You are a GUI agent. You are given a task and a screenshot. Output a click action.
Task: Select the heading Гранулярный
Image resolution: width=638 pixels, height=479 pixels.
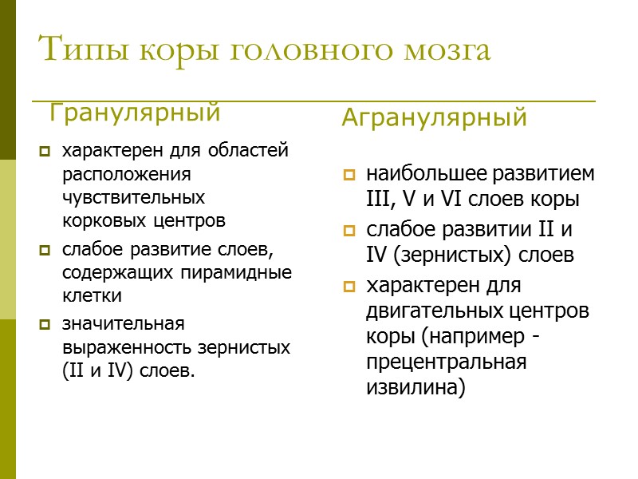coord(135,113)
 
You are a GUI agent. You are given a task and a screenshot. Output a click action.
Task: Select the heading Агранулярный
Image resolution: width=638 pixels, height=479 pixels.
coord(434,118)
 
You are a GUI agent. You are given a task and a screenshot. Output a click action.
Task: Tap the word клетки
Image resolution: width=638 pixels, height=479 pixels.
coord(92,295)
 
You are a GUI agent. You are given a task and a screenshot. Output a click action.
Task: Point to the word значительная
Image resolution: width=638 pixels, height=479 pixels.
coord(123,324)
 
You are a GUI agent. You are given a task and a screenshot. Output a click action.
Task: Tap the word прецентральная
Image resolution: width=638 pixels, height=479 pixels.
coord(447,362)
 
